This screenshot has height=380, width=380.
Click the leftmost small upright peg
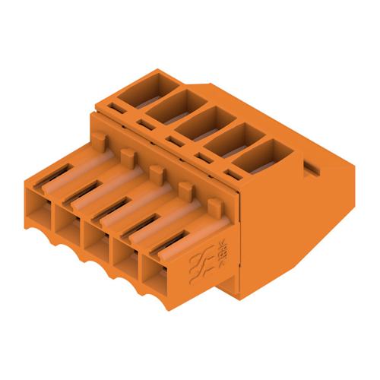click(x=98, y=139)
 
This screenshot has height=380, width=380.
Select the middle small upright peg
click(x=156, y=173)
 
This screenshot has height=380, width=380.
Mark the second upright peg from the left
click(x=126, y=155)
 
